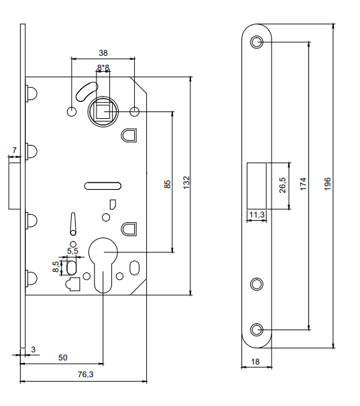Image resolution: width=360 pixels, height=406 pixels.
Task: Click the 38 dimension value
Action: tap(103, 53)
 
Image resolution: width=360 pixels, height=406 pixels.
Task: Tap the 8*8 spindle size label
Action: tap(103, 68)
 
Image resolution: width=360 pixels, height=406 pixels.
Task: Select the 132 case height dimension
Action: tap(186, 183)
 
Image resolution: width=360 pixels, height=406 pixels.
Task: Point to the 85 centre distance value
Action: tap(168, 184)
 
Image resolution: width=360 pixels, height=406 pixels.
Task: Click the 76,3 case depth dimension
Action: tap(86, 374)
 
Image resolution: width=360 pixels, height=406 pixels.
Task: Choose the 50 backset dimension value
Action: tap(63, 358)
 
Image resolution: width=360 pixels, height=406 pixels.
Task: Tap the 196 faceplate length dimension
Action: tap(327, 184)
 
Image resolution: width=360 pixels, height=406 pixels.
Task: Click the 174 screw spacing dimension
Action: tap(303, 184)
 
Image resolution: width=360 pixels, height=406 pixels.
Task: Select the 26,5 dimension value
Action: tap(283, 185)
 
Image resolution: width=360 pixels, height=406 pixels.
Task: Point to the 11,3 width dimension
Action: tap(257, 215)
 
